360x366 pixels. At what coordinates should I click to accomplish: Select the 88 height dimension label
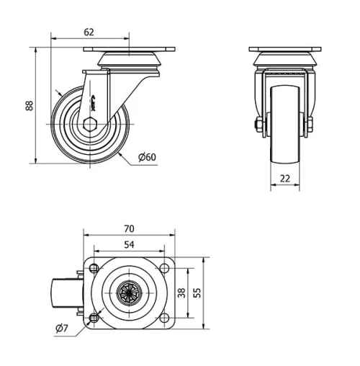click(30, 105)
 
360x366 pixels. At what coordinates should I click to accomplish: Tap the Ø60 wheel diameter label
click(147, 157)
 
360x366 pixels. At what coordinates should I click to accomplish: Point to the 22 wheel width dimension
click(286, 178)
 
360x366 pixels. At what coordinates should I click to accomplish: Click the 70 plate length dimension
click(130, 228)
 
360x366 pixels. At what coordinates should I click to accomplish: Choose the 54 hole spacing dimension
click(130, 245)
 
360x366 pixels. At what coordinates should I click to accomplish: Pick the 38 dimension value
click(181, 293)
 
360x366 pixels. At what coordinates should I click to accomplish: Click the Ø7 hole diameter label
click(61, 329)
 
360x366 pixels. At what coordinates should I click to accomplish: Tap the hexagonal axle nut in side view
click(89, 123)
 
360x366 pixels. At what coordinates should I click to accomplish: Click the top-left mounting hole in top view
click(95, 269)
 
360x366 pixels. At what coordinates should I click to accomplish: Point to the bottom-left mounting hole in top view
click(95, 318)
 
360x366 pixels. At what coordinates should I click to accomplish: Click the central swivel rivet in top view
click(130, 293)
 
